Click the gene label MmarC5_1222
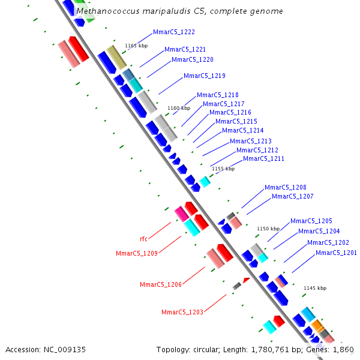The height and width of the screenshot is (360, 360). [173, 32]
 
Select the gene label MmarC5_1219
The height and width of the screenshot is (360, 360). [204, 76]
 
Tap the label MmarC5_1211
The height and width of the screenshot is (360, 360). [263, 158]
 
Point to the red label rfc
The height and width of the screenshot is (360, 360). [143, 239]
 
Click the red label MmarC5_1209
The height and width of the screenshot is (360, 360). [137, 253]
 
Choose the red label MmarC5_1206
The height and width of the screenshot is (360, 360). [161, 284]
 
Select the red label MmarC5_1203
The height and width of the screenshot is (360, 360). [182, 312]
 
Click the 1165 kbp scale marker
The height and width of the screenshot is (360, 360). [136, 46]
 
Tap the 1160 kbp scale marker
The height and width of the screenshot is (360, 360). [179, 108]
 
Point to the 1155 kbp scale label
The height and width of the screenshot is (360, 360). [223, 169]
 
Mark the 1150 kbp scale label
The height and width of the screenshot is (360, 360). [268, 229]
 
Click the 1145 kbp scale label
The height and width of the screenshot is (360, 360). [315, 288]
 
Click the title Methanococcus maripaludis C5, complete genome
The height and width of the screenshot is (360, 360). [180, 11]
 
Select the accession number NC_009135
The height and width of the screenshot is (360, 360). [67, 349]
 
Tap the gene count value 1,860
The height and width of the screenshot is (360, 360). [343, 349]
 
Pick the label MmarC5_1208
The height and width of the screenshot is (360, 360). [285, 187]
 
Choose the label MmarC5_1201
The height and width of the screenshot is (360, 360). [336, 253]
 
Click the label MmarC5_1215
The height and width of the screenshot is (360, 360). [236, 121]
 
